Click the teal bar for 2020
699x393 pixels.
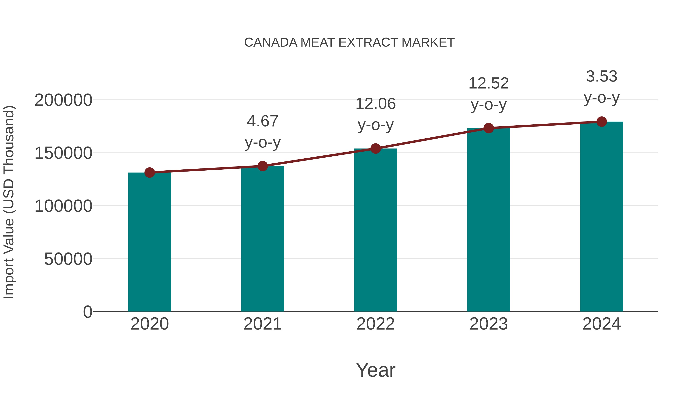tap(150, 242)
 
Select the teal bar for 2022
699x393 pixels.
tap(376, 230)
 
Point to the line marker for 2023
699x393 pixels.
tap(489, 128)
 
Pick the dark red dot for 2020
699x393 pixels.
tap(150, 173)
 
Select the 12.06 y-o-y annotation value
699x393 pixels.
tap(376, 104)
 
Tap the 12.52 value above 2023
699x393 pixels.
tap(489, 83)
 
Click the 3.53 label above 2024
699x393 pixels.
tap(602, 76)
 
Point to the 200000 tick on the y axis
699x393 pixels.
tap(63, 100)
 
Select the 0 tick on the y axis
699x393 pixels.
tap(88, 312)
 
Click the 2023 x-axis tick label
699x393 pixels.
tap(489, 324)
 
